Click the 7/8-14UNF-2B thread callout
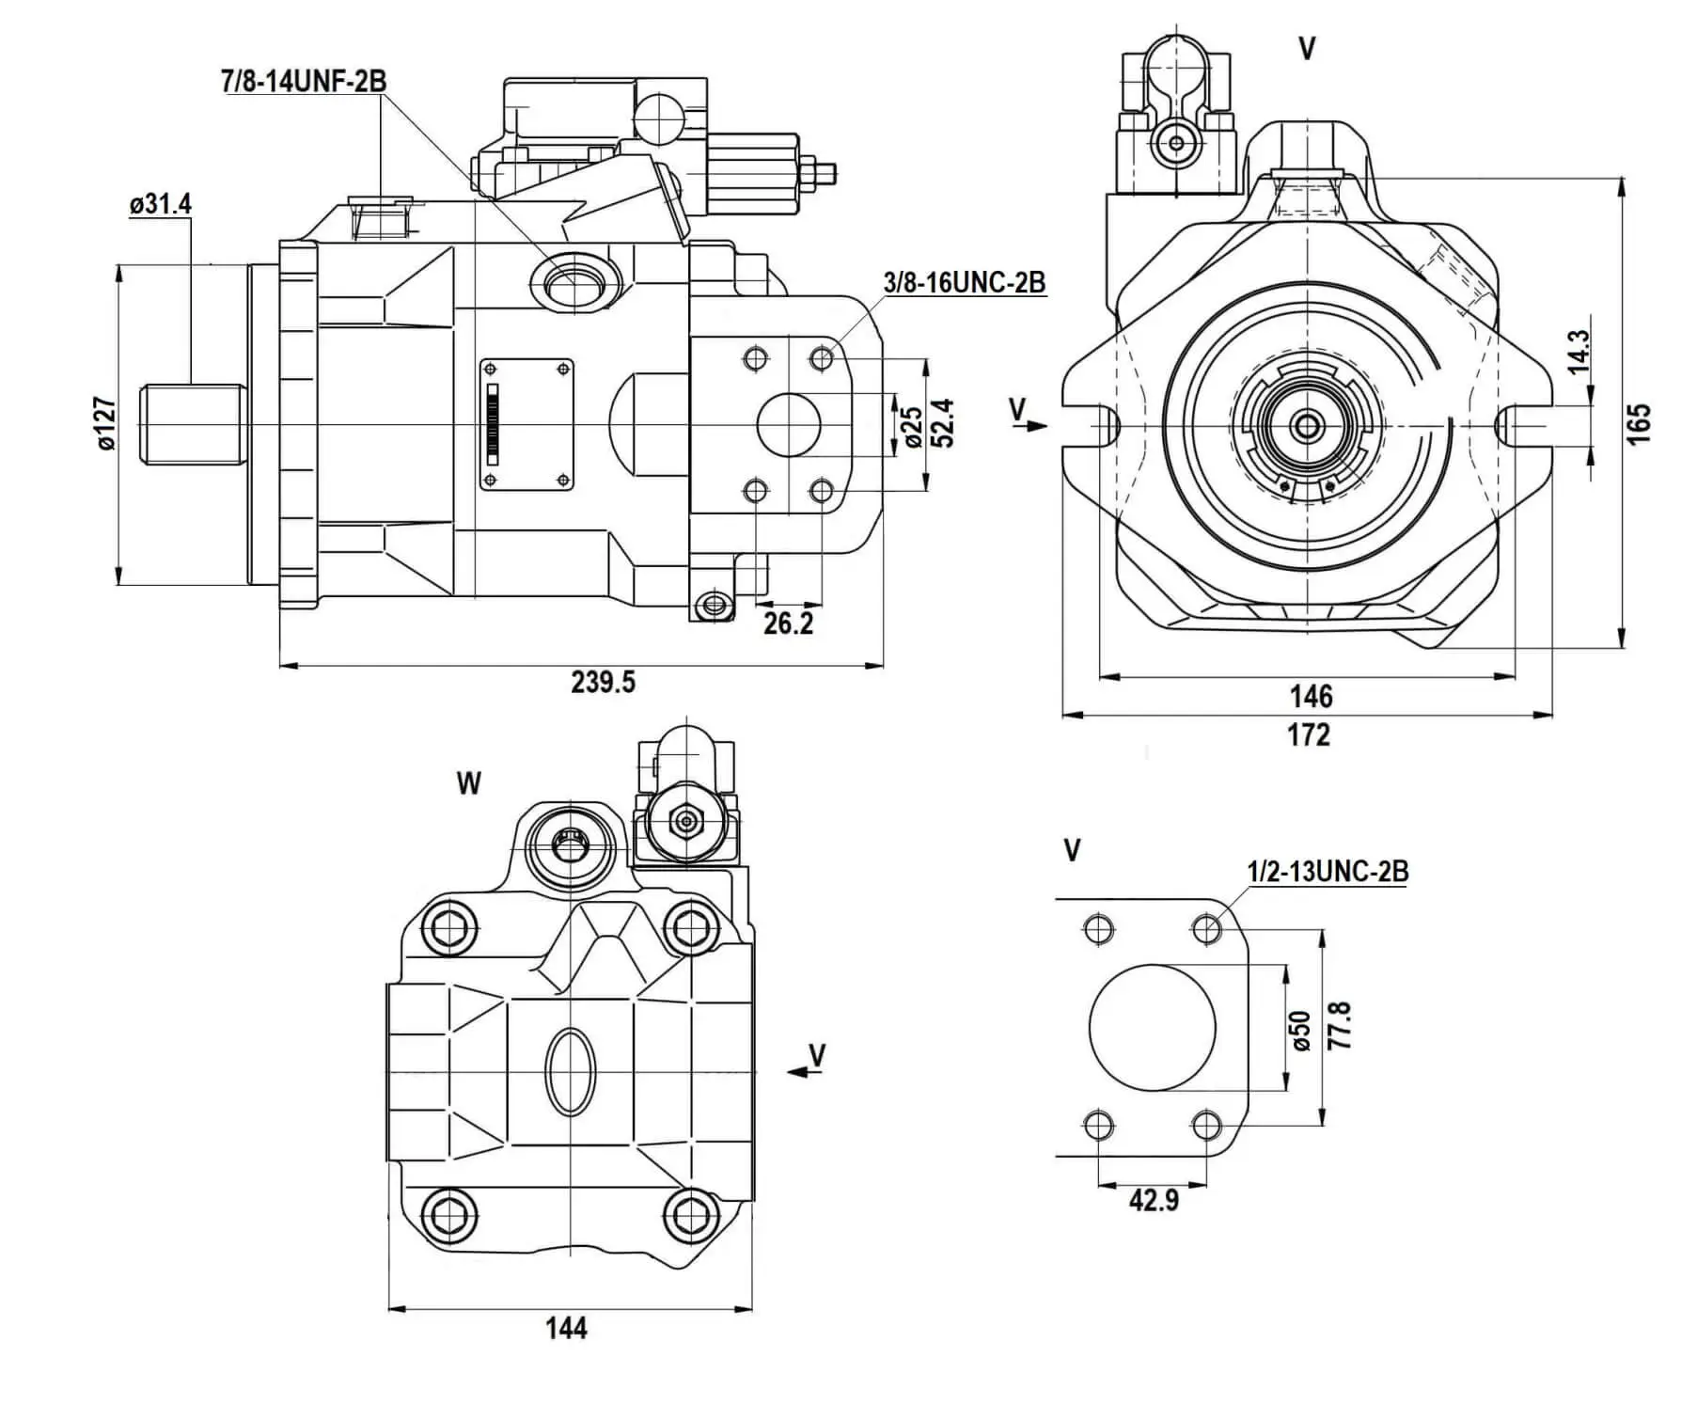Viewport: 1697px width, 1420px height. [x=304, y=82]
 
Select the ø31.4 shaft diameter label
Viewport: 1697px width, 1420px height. [x=161, y=204]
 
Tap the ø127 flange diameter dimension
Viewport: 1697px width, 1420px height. [x=105, y=424]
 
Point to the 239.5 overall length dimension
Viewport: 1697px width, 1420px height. [x=603, y=682]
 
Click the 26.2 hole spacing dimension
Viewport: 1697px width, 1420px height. [x=788, y=623]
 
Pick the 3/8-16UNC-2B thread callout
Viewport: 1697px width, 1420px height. [x=964, y=282]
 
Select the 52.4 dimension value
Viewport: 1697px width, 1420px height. [x=943, y=423]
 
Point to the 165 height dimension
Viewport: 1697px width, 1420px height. [x=1638, y=424]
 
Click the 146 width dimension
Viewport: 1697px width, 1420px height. [x=1311, y=696]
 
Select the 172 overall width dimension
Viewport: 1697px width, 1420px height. [x=1309, y=734]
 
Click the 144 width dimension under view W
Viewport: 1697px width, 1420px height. [x=566, y=1328]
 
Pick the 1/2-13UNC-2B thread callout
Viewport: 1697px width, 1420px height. [x=1328, y=872]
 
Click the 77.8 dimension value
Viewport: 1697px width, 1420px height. [x=1340, y=1026]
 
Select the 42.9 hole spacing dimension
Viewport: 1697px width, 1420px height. [x=1154, y=1200]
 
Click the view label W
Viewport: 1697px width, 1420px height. [x=468, y=782]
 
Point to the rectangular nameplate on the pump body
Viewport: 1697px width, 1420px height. [x=526, y=424]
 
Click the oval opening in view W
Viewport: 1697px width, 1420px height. [x=570, y=1071]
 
